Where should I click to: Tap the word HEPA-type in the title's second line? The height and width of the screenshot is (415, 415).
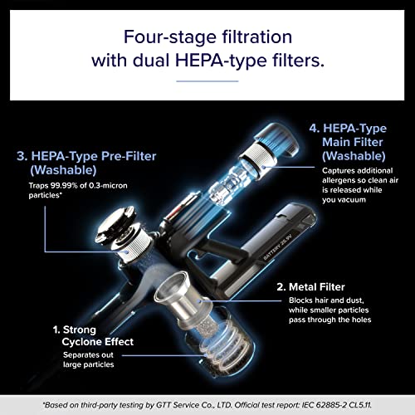[x=221, y=61]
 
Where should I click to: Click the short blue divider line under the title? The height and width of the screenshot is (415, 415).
[x=207, y=81]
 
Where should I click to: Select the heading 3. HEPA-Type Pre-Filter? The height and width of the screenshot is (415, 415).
[x=86, y=156]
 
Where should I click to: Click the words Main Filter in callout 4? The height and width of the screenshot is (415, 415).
[x=353, y=142]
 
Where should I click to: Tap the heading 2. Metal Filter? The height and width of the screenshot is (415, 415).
[x=310, y=287]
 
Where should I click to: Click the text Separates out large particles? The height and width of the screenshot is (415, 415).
[x=88, y=359]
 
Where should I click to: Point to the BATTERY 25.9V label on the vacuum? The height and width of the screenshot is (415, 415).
[x=279, y=247]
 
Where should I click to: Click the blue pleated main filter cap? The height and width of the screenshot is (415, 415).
[x=276, y=139]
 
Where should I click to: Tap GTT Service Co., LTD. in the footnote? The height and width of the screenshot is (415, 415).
[x=193, y=405]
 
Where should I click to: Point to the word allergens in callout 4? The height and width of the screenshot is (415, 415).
[x=339, y=180]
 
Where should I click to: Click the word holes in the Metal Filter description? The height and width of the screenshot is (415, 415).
[x=361, y=320]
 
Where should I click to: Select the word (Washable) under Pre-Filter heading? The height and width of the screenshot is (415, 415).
[x=63, y=170]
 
